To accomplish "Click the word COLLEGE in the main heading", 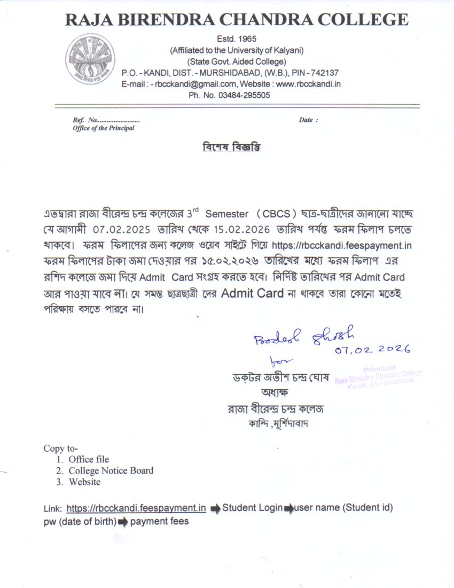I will click(363, 20).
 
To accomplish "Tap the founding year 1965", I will click(246, 39).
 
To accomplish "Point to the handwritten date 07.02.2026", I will click(373, 350).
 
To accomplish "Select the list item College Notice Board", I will click(111, 471).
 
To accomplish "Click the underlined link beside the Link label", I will click(137, 507).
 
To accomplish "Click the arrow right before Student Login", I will click(215, 508).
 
